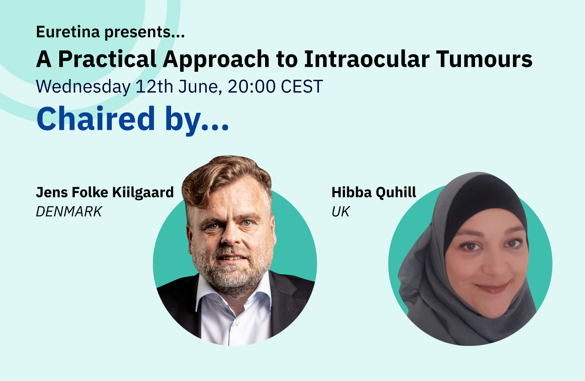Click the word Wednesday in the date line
pos(83,86)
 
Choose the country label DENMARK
pos(69,212)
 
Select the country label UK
pos(340,212)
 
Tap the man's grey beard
pos(233,270)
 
